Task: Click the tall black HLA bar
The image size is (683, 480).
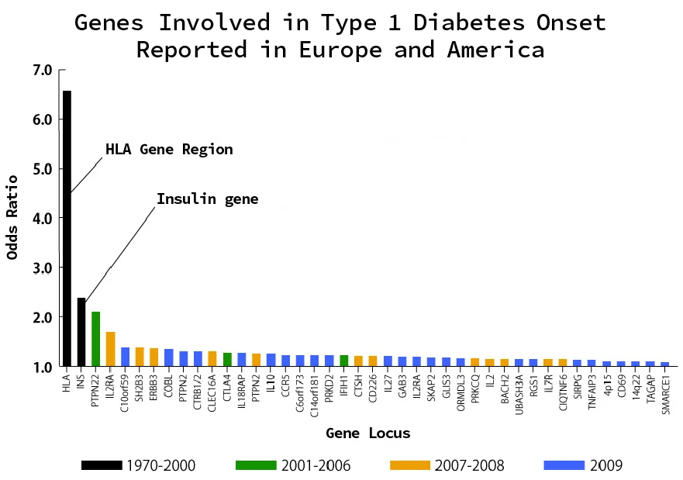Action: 67,228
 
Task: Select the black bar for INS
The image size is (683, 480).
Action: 81,331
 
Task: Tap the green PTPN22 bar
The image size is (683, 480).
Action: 96,338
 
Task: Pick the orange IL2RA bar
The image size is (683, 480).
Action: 111,348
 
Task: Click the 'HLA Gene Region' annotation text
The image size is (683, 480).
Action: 169,150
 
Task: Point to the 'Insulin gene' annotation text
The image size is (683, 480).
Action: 207,199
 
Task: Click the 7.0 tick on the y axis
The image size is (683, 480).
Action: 43,71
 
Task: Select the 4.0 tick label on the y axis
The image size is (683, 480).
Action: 43,219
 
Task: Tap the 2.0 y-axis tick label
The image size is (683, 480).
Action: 43,317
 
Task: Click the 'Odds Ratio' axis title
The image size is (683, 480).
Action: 13,218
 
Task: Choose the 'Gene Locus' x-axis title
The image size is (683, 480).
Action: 367,433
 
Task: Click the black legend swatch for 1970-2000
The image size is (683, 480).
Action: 101,465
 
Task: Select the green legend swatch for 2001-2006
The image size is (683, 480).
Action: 255,465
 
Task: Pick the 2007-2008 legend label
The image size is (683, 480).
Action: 470,466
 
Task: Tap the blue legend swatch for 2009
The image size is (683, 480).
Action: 564,465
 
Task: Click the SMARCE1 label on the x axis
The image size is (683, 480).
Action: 665,395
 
